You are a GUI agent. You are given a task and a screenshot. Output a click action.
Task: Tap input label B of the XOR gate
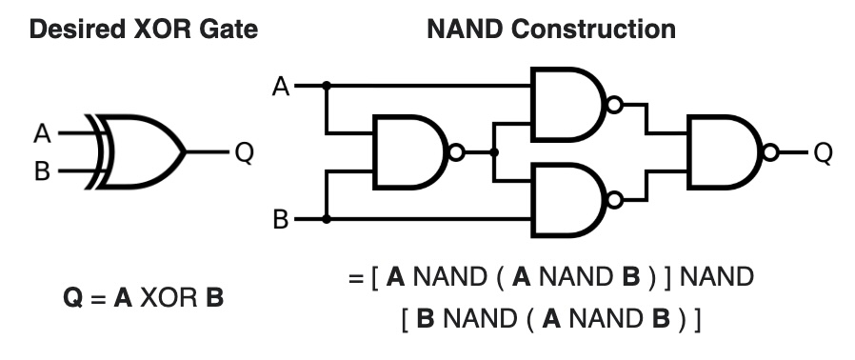click(x=43, y=171)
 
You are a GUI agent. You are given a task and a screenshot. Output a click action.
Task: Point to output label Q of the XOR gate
click(x=244, y=152)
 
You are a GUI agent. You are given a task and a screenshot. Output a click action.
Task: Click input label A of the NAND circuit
click(x=281, y=87)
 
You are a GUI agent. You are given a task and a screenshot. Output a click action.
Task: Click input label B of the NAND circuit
click(x=281, y=220)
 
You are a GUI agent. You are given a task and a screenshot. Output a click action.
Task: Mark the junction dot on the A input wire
click(x=327, y=86)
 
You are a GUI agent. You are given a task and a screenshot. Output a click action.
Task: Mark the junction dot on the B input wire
click(x=327, y=219)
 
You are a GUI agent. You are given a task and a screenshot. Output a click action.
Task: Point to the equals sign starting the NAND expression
click(x=356, y=279)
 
